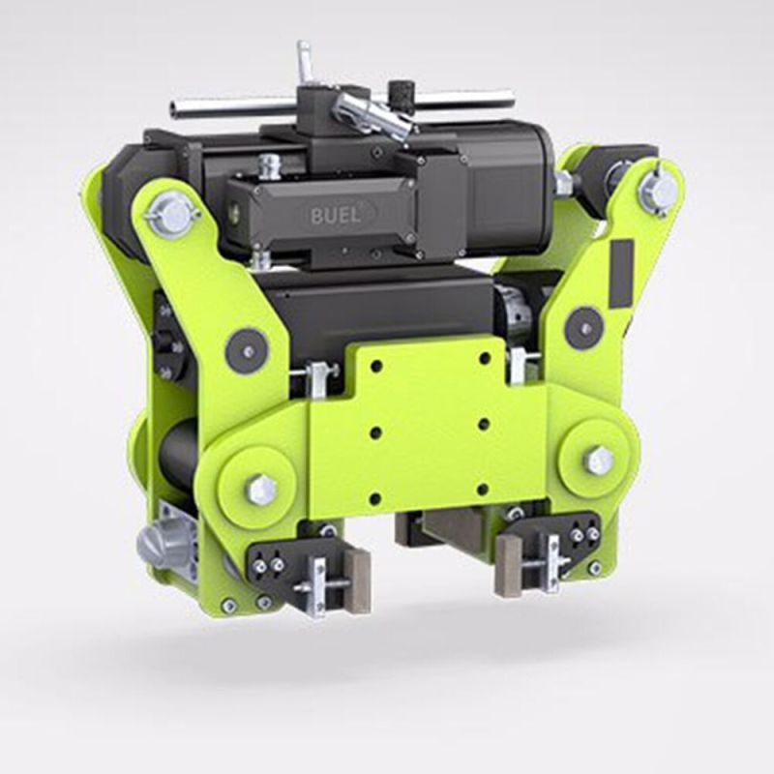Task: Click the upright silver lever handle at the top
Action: click(305, 63)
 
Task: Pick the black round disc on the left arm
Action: click(246, 350)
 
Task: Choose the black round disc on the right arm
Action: click(583, 327)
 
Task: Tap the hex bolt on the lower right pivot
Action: click(599, 460)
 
